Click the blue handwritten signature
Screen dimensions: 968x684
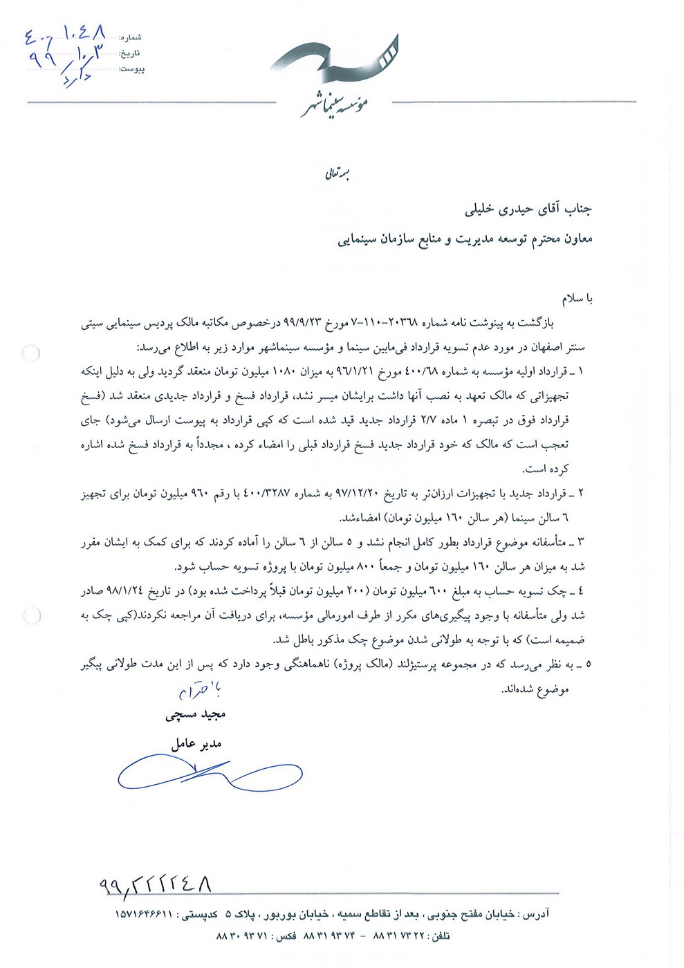coord(207,772)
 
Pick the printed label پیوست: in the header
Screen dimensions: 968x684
coord(131,69)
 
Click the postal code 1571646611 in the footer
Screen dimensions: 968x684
coord(143,914)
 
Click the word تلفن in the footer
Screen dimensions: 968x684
coord(440,936)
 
